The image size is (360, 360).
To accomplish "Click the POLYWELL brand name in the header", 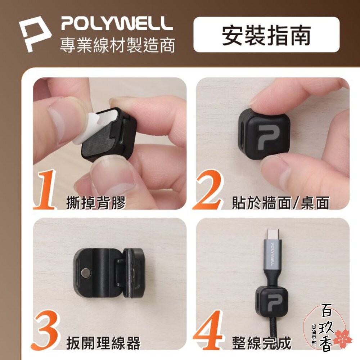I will coord(117,24).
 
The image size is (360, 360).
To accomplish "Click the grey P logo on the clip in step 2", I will coord(271,137).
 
